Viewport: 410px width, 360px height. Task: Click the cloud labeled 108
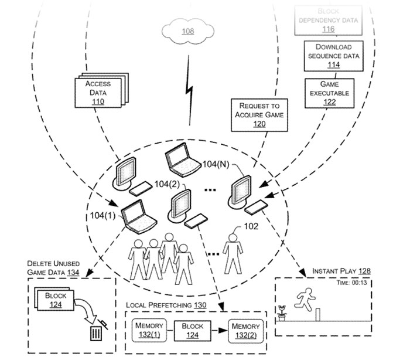[187, 31]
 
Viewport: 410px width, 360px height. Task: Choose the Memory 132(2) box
[246, 330]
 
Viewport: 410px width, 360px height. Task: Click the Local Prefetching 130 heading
[166, 305]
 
